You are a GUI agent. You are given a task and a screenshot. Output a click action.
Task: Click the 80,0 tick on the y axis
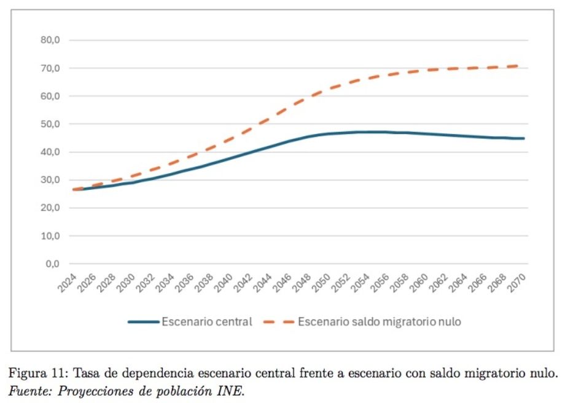(47, 41)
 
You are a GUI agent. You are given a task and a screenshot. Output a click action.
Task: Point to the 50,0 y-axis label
(47, 124)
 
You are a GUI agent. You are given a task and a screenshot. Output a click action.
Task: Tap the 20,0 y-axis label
(47, 208)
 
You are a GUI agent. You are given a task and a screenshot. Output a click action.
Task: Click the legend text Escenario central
(206, 322)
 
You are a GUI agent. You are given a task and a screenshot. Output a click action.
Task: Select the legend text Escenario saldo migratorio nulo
(380, 322)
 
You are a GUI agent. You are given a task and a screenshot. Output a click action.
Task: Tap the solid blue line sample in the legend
(142, 322)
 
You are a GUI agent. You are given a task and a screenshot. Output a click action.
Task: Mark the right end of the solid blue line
(523, 138)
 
